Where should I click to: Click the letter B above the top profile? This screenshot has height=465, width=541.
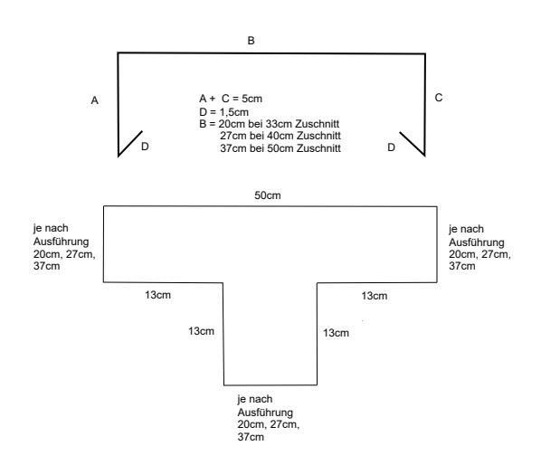click(x=251, y=41)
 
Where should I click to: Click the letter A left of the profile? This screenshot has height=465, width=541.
click(x=94, y=100)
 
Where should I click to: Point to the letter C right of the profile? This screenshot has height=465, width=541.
click(x=439, y=98)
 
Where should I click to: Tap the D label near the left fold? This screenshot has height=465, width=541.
click(x=145, y=147)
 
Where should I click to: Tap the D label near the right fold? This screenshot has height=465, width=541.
click(x=391, y=147)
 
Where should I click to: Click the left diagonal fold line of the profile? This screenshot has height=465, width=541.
click(x=130, y=143)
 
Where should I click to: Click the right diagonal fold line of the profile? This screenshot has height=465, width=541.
click(x=413, y=144)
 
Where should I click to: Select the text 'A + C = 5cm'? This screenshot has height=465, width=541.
click(x=231, y=99)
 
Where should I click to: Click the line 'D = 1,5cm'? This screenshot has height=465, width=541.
click(x=223, y=112)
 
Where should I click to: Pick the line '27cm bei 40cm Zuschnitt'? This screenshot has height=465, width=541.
click(x=280, y=136)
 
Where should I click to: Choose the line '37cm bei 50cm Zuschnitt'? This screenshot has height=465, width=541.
click(x=280, y=148)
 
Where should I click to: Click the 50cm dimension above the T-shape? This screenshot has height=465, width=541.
click(x=268, y=195)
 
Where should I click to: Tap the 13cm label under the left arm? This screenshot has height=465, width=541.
click(x=157, y=295)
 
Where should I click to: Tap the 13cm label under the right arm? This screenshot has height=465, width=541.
click(x=375, y=296)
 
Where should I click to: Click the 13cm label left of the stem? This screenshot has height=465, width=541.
click(x=201, y=331)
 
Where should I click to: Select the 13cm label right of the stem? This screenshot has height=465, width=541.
click(x=336, y=333)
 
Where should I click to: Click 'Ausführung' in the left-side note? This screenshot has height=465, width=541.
click(x=62, y=242)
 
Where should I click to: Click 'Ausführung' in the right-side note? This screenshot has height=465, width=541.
click(x=477, y=242)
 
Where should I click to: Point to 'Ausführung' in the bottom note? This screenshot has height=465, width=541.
click(x=265, y=413)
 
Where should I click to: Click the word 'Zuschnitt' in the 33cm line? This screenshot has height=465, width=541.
click(x=317, y=124)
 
